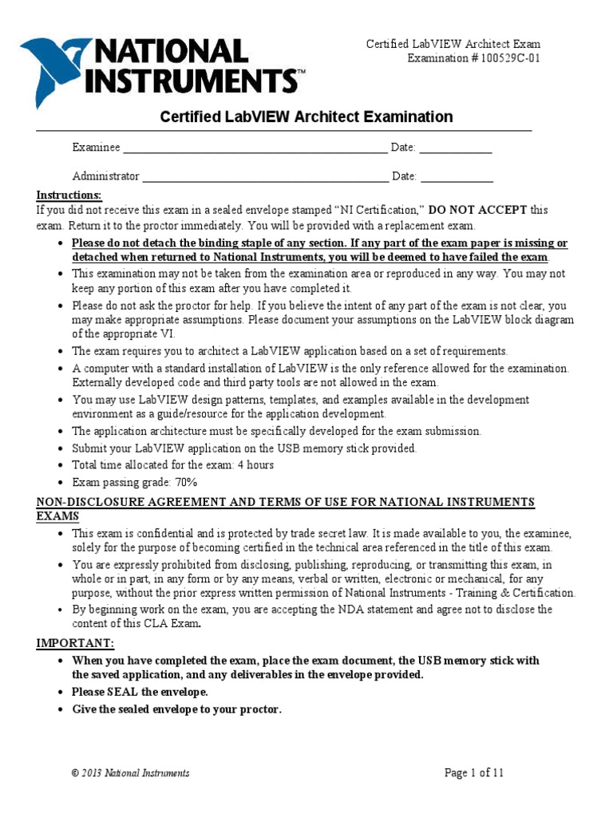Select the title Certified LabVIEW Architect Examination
coord(306,117)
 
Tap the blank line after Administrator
coord(264,177)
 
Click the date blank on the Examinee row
coord(456,148)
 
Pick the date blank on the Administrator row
coord(457,177)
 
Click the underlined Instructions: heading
coord(69,195)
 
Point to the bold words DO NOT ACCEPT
coord(478,210)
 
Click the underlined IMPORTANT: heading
coord(75,643)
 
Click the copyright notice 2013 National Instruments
coord(131,773)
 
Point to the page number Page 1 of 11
coord(474,772)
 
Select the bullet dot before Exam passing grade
coord(63,483)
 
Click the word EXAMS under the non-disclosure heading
coord(58,516)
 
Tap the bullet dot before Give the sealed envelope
coord(63,709)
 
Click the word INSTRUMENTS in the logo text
coord(196,81)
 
